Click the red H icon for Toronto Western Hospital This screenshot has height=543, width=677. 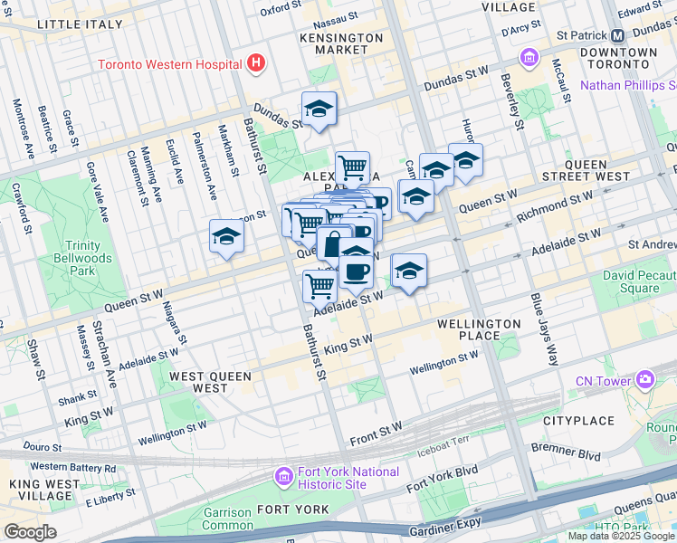click(x=257, y=63)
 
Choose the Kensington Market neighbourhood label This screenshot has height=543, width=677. click(x=342, y=44)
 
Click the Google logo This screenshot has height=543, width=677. click(x=30, y=532)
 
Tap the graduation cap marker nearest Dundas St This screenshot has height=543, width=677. click(x=319, y=110)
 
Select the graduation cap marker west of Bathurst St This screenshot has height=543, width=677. click(x=226, y=237)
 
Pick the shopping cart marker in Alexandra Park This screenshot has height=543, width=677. click(x=352, y=167)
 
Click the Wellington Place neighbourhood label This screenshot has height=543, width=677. click(x=479, y=329)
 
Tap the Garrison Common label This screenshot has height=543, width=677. click(x=227, y=518)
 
